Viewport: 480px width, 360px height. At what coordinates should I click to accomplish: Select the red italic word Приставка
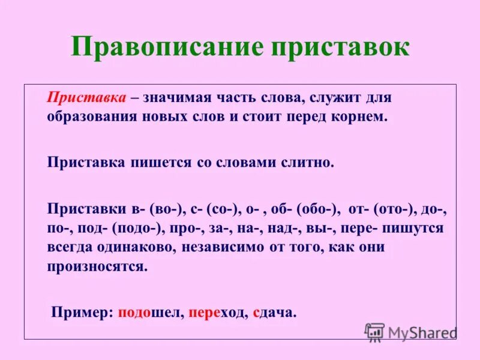coord(86,97)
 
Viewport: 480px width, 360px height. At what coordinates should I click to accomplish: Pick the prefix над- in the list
coord(302,228)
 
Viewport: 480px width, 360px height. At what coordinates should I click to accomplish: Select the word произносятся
coord(97,265)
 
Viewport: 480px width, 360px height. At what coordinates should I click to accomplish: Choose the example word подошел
coord(151,312)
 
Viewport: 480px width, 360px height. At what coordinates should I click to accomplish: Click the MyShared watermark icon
coord(374,332)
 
